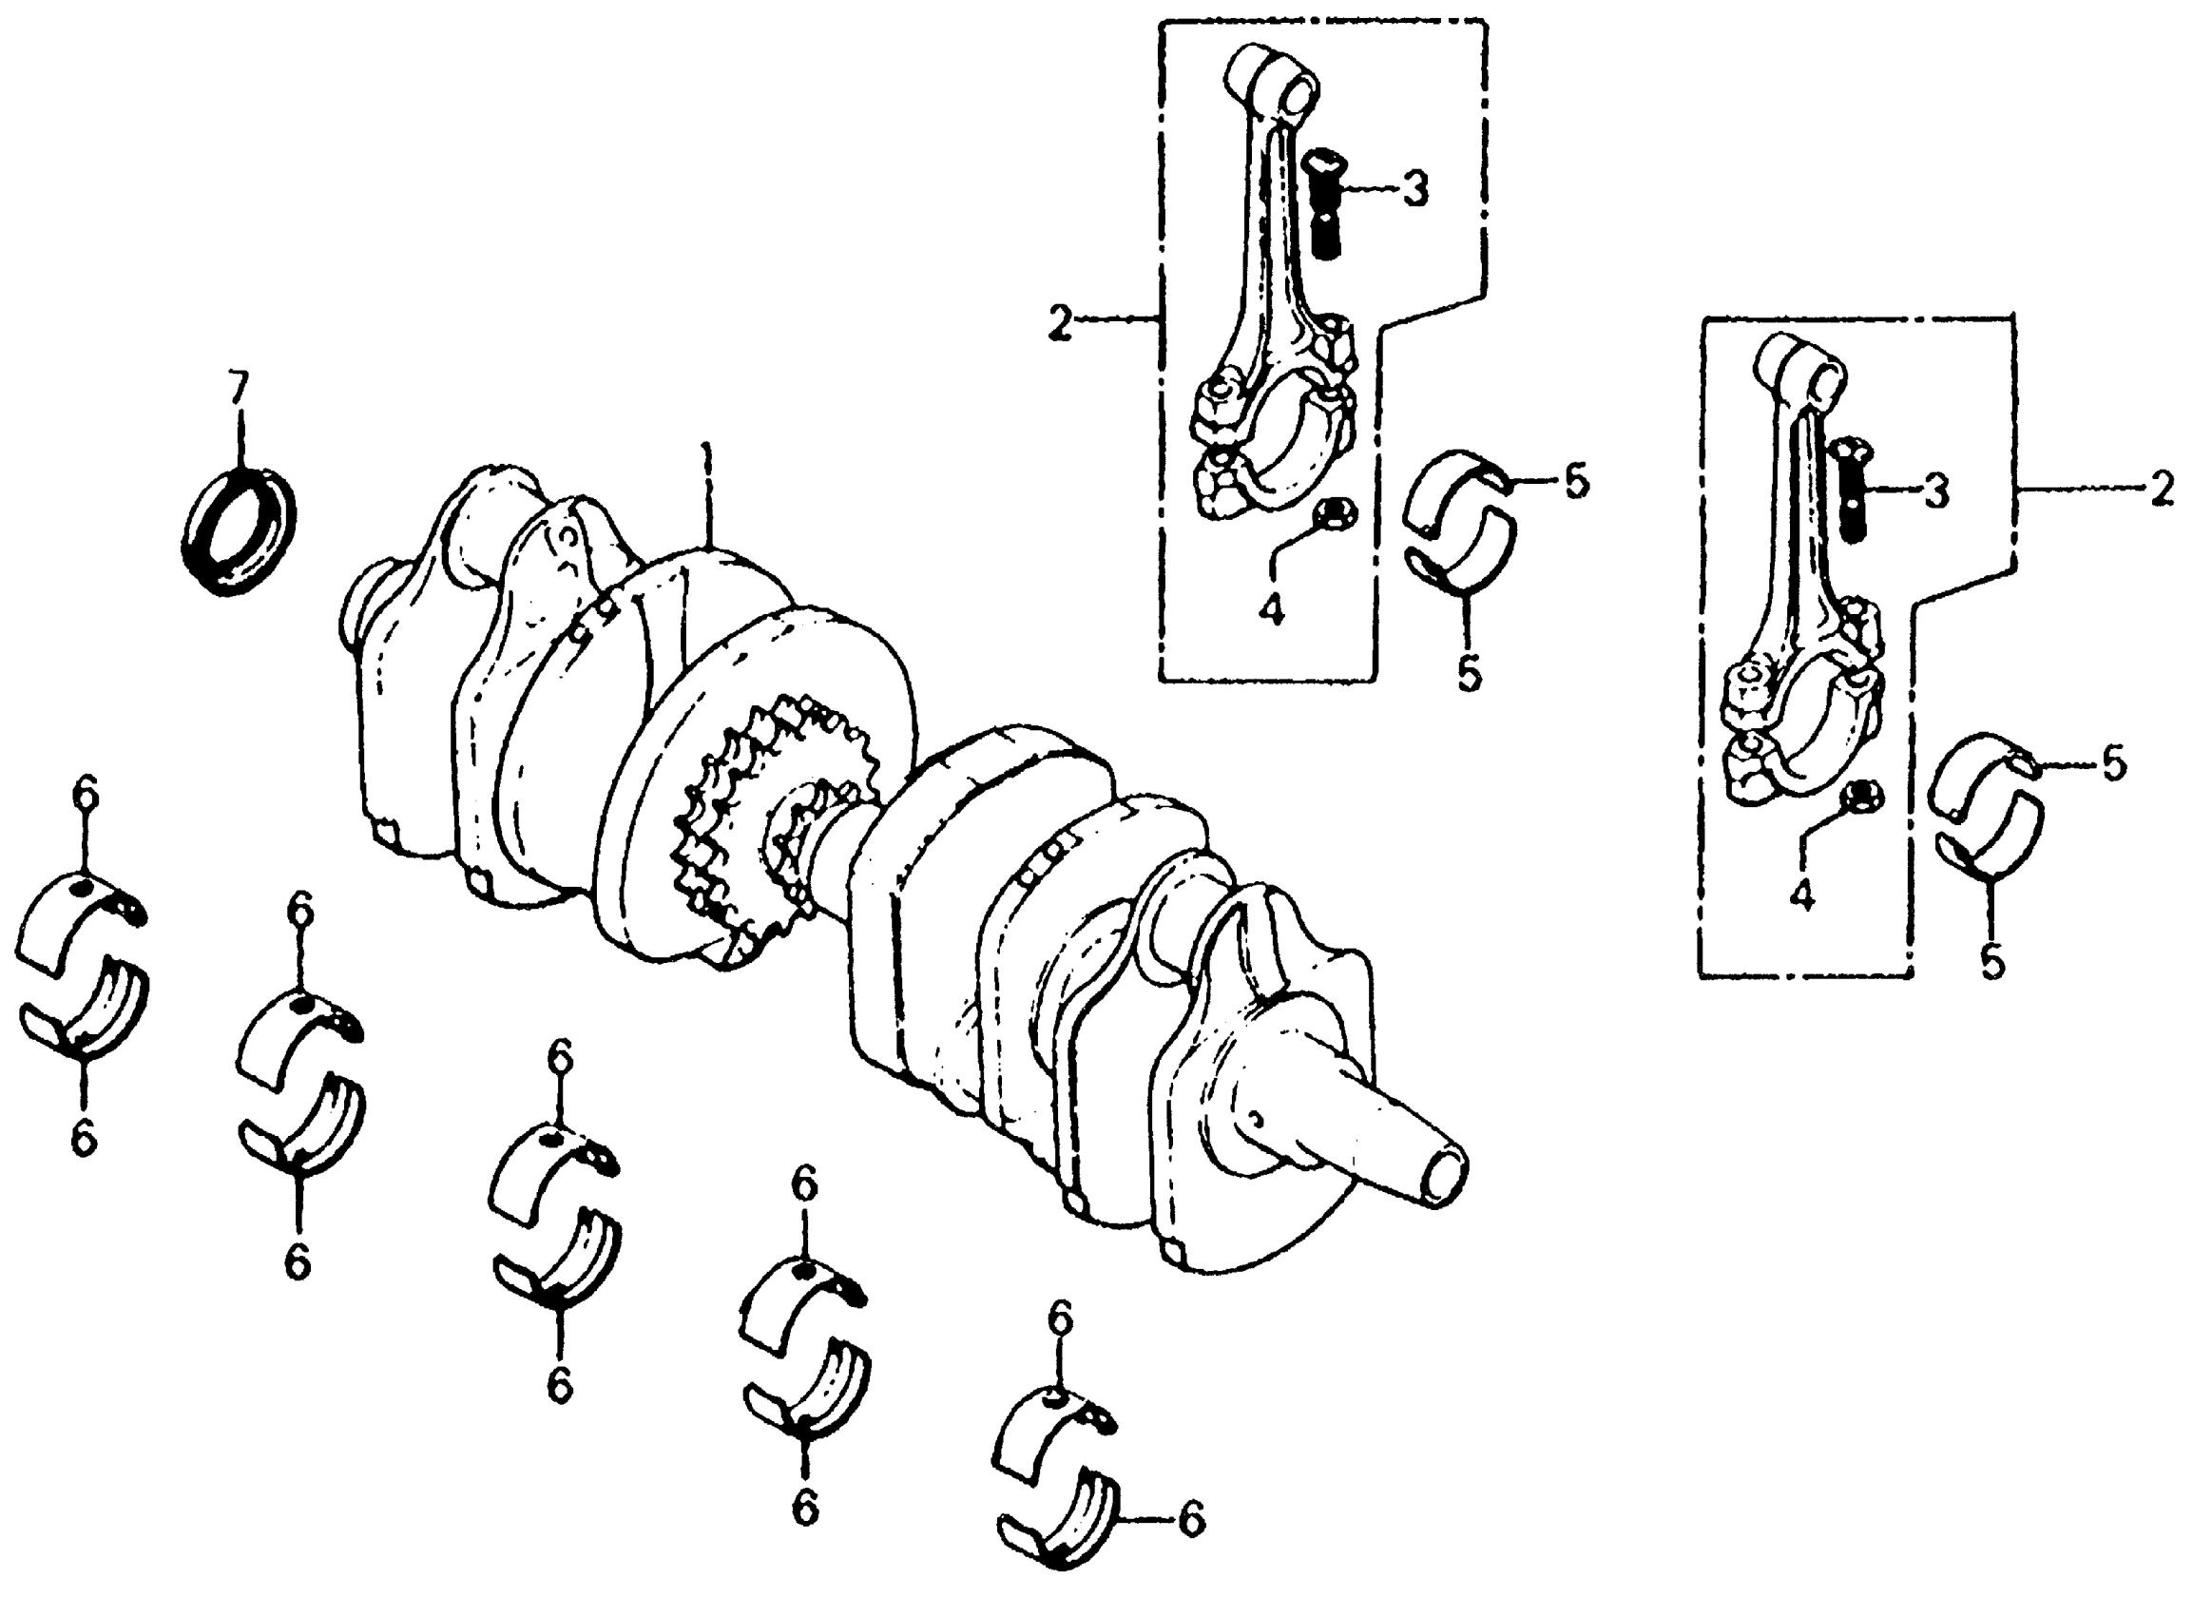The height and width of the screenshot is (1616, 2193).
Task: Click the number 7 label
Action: pos(239,390)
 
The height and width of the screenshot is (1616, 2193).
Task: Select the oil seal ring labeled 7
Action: pos(240,533)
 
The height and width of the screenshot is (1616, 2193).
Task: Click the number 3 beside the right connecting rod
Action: pos(1935,491)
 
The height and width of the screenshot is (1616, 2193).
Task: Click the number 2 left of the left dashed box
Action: pos(1059,323)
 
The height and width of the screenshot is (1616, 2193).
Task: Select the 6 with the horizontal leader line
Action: pos(1190,1519)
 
